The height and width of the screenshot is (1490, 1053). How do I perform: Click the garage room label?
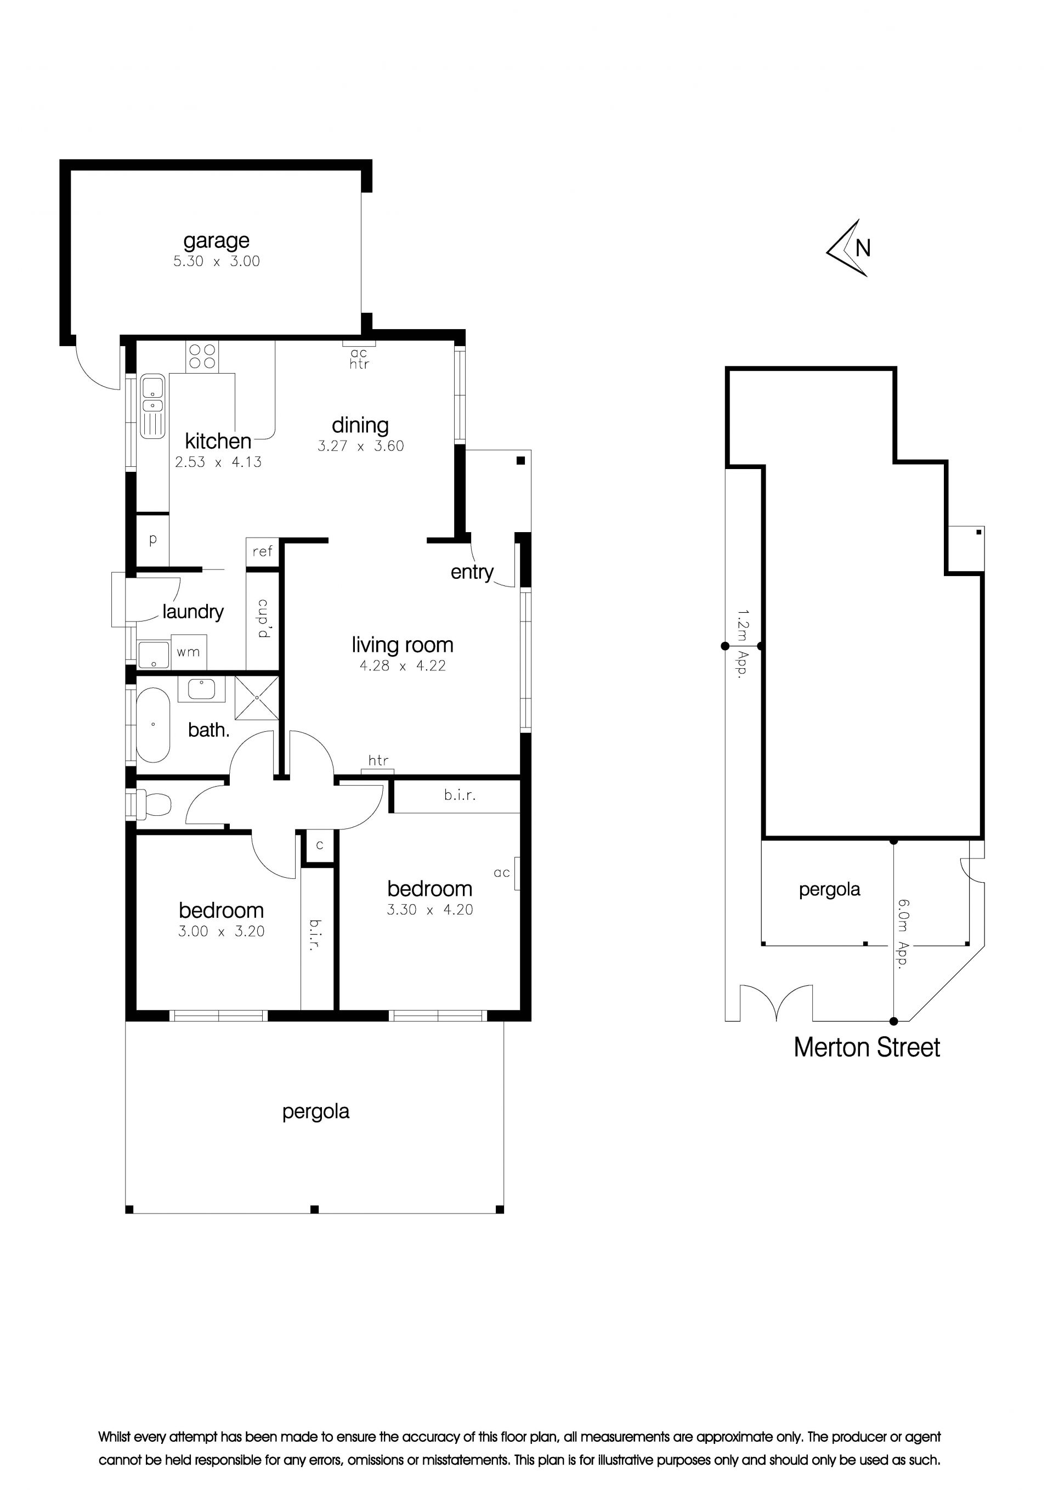pyautogui.click(x=216, y=241)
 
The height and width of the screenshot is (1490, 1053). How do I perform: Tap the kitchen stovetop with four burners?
pyautogui.click(x=202, y=356)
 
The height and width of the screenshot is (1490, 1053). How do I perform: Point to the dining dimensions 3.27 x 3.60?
pyautogui.click(x=361, y=446)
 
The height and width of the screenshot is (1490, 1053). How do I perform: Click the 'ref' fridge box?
pyautogui.click(x=262, y=551)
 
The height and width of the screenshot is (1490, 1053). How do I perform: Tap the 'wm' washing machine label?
pyautogui.click(x=188, y=652)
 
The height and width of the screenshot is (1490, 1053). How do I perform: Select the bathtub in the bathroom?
pyautogui.click(x=153, y=724)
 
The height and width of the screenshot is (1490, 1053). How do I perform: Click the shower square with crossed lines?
pyautogui.click(x=257, y=698)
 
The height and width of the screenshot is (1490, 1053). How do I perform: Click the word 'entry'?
pyautogui.click(x=472, y=572)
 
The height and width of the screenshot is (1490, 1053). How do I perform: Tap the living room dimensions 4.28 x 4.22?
pyautogui.click(x=403, y=666)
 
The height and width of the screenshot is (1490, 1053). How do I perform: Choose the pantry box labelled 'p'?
pyautogui.click(x=153, y=540)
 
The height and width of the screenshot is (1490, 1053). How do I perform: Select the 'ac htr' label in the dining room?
pyautogui.click(x=359, y=358)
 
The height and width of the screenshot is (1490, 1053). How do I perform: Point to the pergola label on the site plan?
pyautogui.click(x=829, y=890)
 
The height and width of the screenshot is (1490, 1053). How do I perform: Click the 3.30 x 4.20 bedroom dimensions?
pyautogui.click(x=430, y=910)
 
